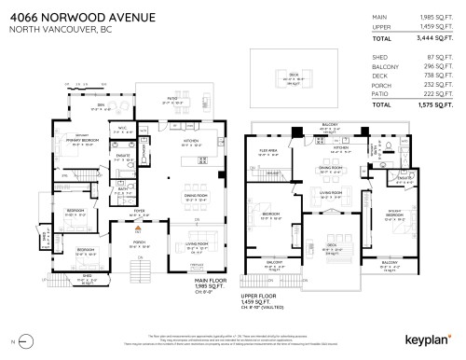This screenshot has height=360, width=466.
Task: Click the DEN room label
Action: (100, 104)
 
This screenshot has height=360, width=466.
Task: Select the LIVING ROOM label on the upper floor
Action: (332, 191)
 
